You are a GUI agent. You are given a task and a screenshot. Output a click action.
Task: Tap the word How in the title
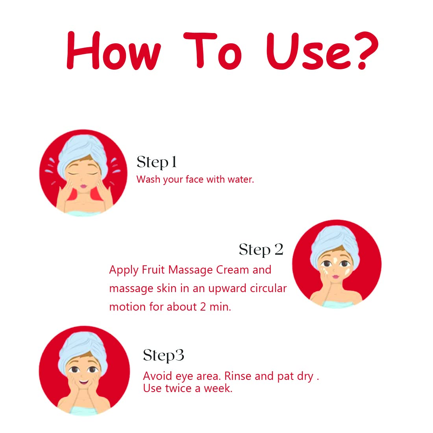(x=114, y=50)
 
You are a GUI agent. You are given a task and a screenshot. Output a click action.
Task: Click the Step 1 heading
(x=156, y=162)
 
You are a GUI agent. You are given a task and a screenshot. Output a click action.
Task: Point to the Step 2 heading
(x=261, y=250)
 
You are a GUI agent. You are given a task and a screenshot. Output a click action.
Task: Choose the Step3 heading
(x=163, y=356)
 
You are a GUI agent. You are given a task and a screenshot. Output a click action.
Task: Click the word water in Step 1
(x=241, y=179)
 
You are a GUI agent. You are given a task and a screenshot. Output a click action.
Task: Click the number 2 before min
(x=203, y=307)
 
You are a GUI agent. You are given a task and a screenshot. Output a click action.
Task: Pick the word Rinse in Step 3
(x=238, y=376)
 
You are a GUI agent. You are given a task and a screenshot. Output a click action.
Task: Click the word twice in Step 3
(x=178, y=388)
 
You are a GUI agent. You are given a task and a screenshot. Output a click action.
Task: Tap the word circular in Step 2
(x=268, y=288)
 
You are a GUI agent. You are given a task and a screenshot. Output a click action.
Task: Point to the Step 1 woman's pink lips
(x=83, y=186)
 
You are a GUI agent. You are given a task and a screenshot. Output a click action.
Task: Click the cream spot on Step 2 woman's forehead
(x=335, y=260)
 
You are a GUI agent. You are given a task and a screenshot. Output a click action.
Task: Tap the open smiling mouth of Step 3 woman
(x=83, y=383)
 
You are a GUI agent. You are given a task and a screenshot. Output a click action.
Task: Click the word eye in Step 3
(x=184, y=377)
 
